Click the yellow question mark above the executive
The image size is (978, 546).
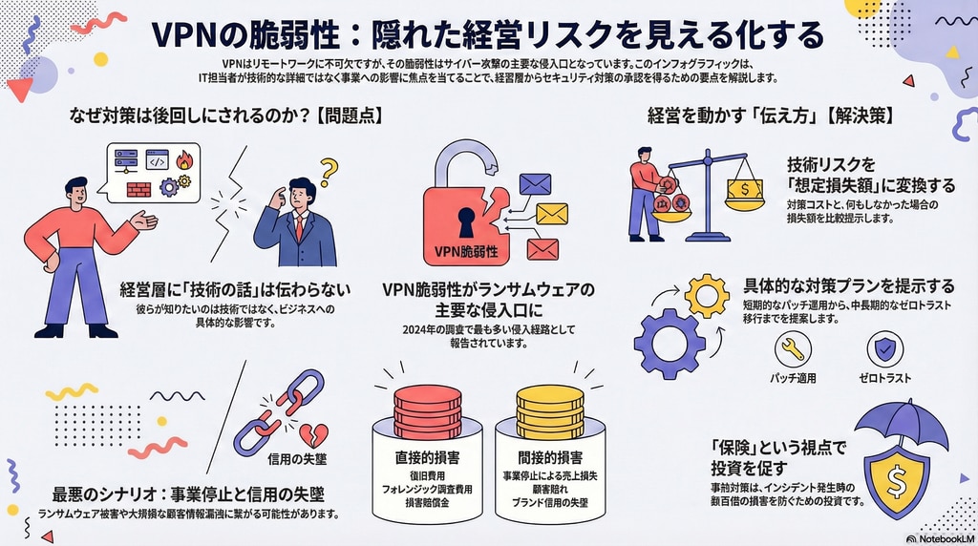(330, 172)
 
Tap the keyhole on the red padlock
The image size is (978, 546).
(465, 222)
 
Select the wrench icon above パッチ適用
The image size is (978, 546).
(793, 349)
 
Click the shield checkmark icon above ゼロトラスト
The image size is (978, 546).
(883, 349)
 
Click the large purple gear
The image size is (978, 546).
(670, 342)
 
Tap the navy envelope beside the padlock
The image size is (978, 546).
(536, 184)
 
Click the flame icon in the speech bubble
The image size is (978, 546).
(183, 158)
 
